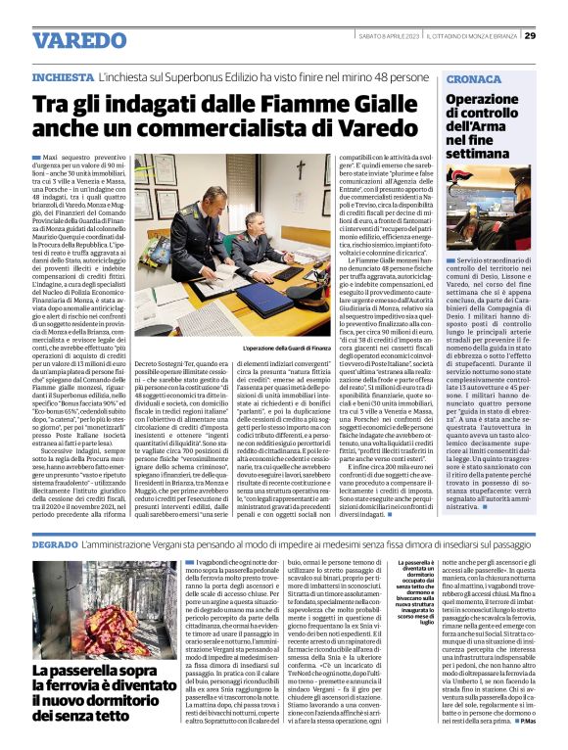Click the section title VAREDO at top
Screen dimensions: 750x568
coord(72,40)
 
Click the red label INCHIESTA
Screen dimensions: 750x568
coord(63,75)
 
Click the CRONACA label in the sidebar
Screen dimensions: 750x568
coord(474,78)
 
